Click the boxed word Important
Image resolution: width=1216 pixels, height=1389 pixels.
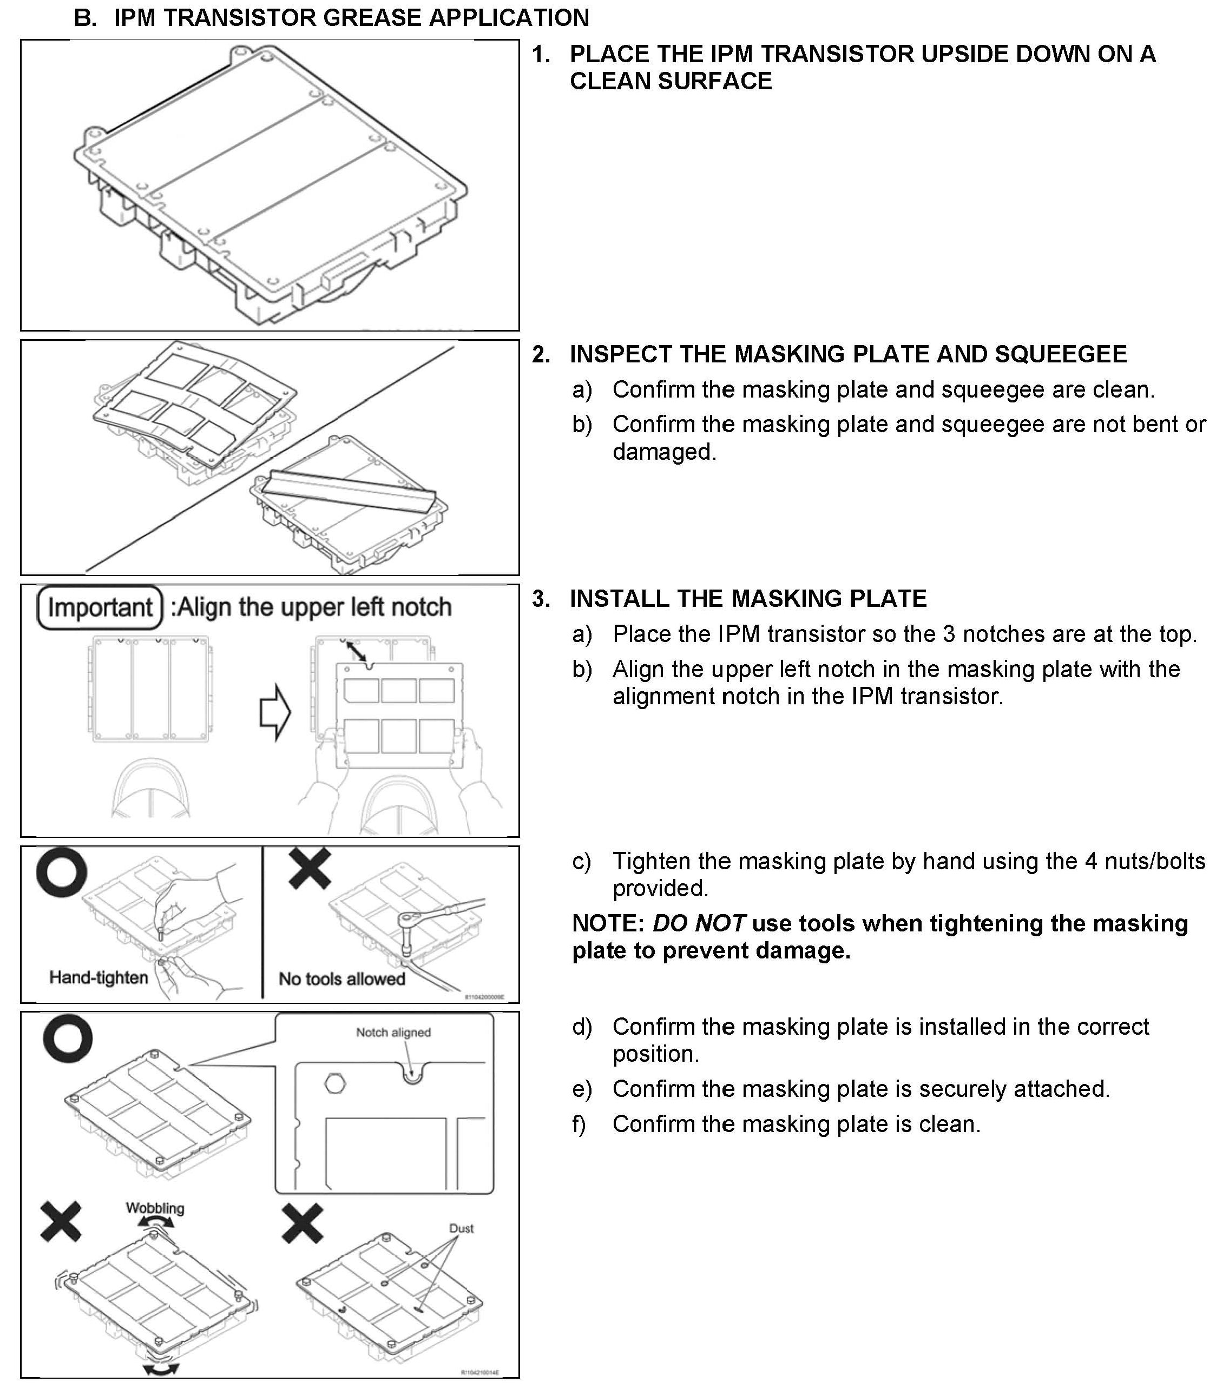(100, 607)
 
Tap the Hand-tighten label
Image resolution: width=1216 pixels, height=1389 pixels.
(98, 977)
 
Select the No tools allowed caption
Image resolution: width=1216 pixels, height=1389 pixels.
(342, 978)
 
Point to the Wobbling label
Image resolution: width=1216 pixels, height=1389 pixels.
(155, 1208)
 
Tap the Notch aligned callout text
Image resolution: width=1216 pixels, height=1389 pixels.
(393, 1032)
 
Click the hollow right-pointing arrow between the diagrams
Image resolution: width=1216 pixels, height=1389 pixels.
(275, 713)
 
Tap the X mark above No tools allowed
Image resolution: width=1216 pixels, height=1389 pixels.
(310, 868)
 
